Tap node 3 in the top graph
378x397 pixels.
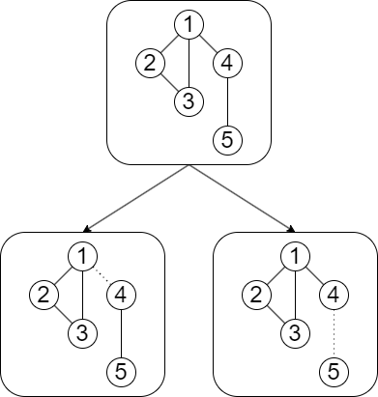(x=188, y=101)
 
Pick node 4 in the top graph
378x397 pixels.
(x=226, y=65)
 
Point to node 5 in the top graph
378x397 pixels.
(x=226, y=139)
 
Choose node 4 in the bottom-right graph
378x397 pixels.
(x=333, y=294)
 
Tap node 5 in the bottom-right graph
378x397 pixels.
(x=333, y=368)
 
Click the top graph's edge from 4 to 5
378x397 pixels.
(x=226, y=101)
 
